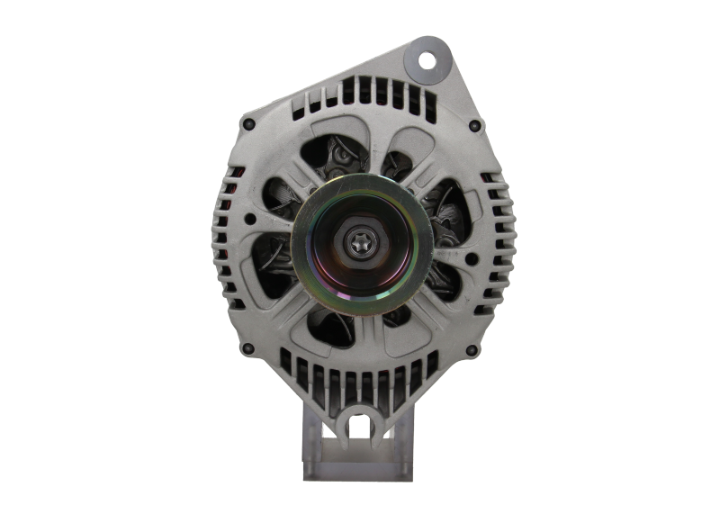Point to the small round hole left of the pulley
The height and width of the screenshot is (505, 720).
tap(248, 219)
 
